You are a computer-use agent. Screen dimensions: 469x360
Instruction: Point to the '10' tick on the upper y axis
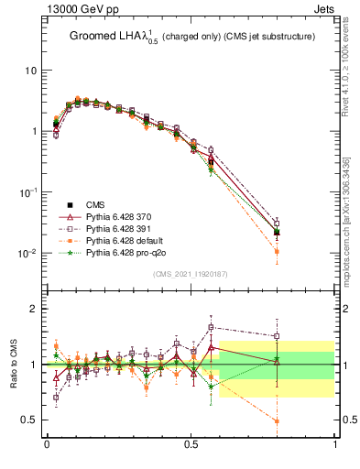coord(30,71)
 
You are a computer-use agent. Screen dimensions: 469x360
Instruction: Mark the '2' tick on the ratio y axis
coord(33,309)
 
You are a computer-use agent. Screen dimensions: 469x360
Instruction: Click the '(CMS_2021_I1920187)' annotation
coord(191,275)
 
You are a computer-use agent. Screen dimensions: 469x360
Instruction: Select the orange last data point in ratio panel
coord(277,421)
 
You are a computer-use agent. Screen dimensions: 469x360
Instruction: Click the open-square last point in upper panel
coord(277,223)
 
